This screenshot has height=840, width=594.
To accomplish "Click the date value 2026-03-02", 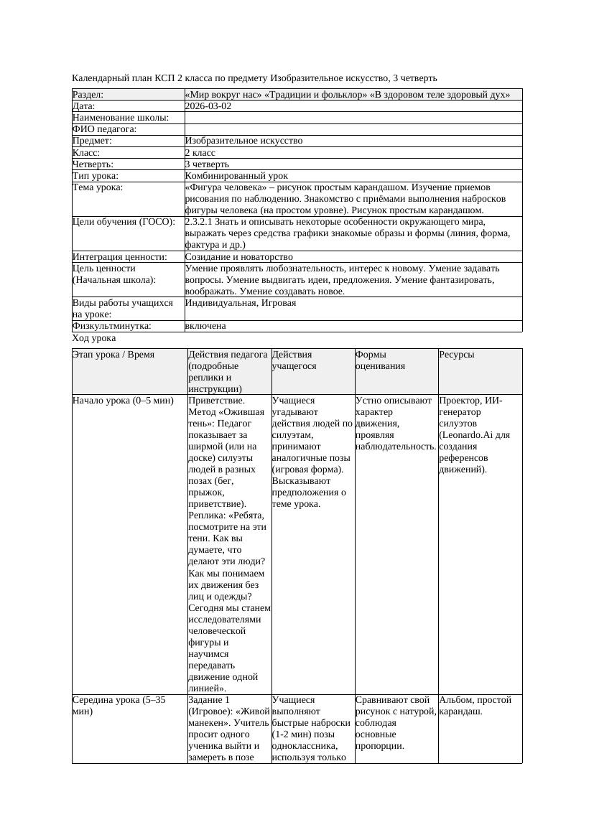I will pyautogui.click(x=208, y=106).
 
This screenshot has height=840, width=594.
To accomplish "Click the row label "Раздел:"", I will pyautogui.click(x=88, y=95).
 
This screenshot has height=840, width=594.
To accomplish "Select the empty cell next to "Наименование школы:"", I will pyautogui.click(x=353, y=118).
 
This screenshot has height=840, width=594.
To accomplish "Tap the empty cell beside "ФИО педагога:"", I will pyautogui.click(x=353, y=129).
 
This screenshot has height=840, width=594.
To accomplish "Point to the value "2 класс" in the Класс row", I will pyautogui.click(x=200, y=153).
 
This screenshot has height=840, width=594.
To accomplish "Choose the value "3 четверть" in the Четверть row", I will pyautogui.click(x=207, y=164).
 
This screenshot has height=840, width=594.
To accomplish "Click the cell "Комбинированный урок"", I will pyautogui.click(x=236, y=176).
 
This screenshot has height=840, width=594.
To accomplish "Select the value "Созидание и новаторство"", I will pyautogui.click(x=238, y=256).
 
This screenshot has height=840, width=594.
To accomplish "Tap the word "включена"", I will pyautogui.click(x=205, y=326).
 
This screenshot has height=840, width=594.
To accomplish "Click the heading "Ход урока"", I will pyautogui.click(x=94, y=338).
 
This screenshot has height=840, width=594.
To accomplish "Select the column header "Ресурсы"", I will pyautogui.click(x=457, y=355).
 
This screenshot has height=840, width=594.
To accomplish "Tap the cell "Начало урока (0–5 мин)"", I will pyautogui.click(x=124, y=401).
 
